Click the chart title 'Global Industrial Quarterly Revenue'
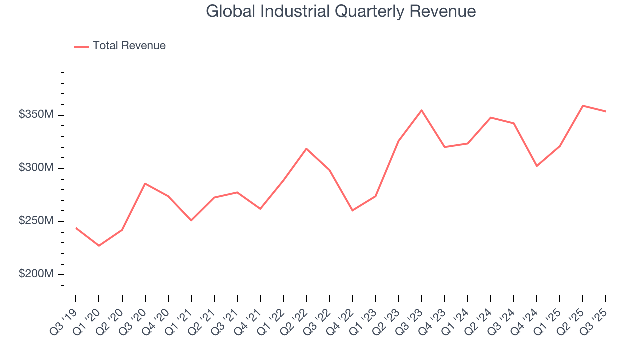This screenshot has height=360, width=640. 341,11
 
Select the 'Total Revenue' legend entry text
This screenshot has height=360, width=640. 129,46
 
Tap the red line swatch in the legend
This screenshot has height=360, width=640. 81,46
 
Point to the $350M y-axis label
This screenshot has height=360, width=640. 36,115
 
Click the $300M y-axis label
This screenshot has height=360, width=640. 36,168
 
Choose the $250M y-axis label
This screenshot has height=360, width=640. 36,221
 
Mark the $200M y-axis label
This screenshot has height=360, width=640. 36,274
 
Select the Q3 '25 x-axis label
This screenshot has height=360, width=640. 595,320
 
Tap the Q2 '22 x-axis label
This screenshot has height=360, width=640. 295,320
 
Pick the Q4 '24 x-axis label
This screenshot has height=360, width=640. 526,320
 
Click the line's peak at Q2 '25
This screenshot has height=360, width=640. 583,106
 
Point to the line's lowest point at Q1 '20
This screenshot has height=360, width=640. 99,246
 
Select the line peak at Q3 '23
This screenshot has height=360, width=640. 422,110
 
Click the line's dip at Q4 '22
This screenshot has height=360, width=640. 352,210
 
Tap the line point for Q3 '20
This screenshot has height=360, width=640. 145,184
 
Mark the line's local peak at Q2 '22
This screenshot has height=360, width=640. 306,149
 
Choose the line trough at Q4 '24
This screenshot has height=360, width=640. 537,166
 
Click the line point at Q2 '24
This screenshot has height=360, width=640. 491,118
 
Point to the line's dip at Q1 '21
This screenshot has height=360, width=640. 191,220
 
